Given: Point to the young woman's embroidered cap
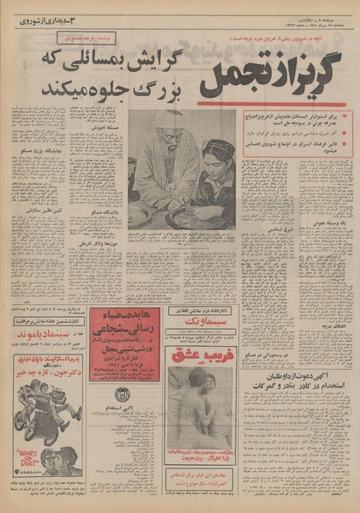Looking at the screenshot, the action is pos(216,148).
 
